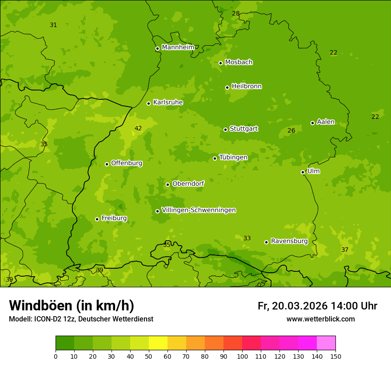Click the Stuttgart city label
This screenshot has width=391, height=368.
(x=243, y=129)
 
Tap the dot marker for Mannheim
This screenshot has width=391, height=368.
(x=157, y=49)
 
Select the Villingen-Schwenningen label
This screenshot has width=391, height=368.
(x=199, y=210)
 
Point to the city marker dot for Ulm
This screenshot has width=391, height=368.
(x=303, y=172)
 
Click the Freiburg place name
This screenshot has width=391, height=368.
(x=114, y=218)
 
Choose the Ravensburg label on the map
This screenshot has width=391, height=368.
(x=289, y=241)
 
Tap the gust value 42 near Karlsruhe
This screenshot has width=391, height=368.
(x=138, y=129)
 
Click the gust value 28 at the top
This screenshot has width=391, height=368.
(x=235, y=13)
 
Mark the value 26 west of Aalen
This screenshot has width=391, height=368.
(x=291, y=130)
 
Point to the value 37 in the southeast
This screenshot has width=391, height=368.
(x=345, y=250)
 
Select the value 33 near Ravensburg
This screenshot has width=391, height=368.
(x=247, y=238)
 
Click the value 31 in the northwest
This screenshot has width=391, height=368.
(x=53, y=25)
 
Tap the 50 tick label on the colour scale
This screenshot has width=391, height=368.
(x=149, y=356)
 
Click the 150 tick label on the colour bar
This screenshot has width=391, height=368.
(x=335, y=356)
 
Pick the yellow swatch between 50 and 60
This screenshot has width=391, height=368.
(x=158, y=343)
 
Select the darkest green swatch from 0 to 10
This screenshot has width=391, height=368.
(x=65, y=343)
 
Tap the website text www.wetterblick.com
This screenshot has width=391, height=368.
(x=320, y=319)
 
